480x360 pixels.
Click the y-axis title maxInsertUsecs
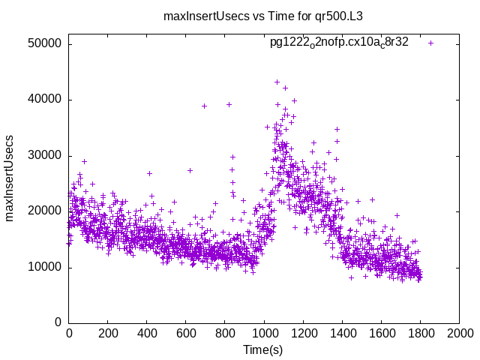[x=10, y=178]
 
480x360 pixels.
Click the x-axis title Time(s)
[x=263, y=349]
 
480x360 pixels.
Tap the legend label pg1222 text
[x=339, y=43]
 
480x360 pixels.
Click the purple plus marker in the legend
[x=430, y=43]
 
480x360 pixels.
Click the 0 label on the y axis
[x=58, y=323]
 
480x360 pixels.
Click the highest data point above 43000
[x=277, y=82]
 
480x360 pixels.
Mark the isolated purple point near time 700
[x=204, y=106]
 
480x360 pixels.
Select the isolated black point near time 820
[x=229, y=104]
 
